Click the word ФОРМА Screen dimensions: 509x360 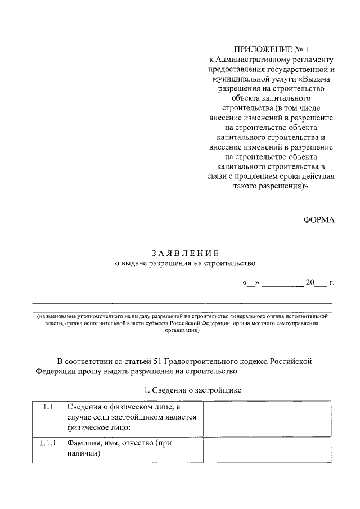point(319,220)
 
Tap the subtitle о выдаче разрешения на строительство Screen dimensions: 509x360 point(184,263)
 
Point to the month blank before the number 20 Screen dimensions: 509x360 point(282,283)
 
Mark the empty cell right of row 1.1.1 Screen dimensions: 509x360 point(267,450)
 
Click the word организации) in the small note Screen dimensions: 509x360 point(182,331)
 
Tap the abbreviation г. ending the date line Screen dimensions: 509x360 point(332,282)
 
